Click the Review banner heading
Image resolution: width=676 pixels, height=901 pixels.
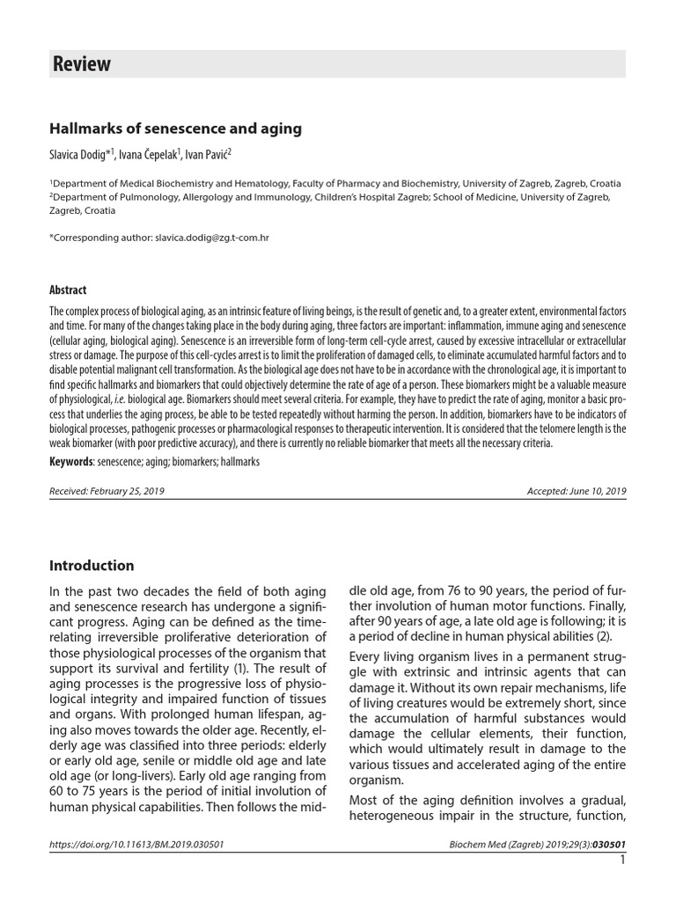[83, 64]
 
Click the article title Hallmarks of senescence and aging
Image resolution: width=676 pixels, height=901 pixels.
[175, 128]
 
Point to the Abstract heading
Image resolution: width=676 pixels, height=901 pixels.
[68, 289]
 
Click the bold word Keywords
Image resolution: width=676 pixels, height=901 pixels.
[70, 461]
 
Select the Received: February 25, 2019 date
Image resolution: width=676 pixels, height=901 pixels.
[107, 491]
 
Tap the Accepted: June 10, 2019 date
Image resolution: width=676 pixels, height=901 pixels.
[576, 491]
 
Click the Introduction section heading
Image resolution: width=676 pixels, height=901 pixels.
[92, 566]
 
